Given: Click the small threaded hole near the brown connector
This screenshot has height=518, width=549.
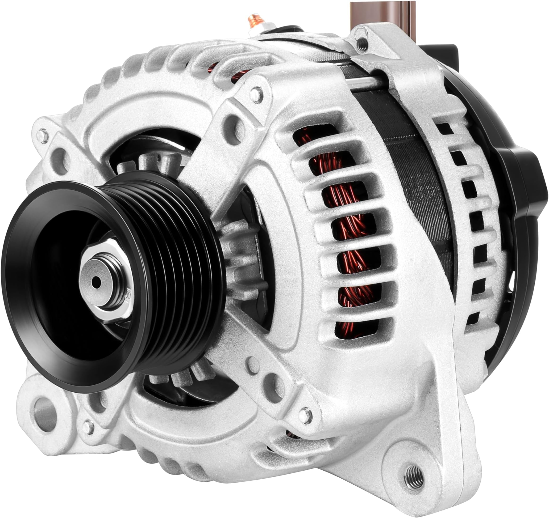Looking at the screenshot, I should click(x=363, y=43).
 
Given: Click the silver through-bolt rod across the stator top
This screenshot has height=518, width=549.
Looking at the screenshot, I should click(x=365, y=81).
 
